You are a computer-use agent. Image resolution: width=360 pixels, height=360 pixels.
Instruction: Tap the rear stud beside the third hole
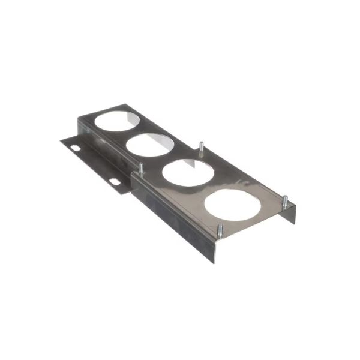tap(200, 148)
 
